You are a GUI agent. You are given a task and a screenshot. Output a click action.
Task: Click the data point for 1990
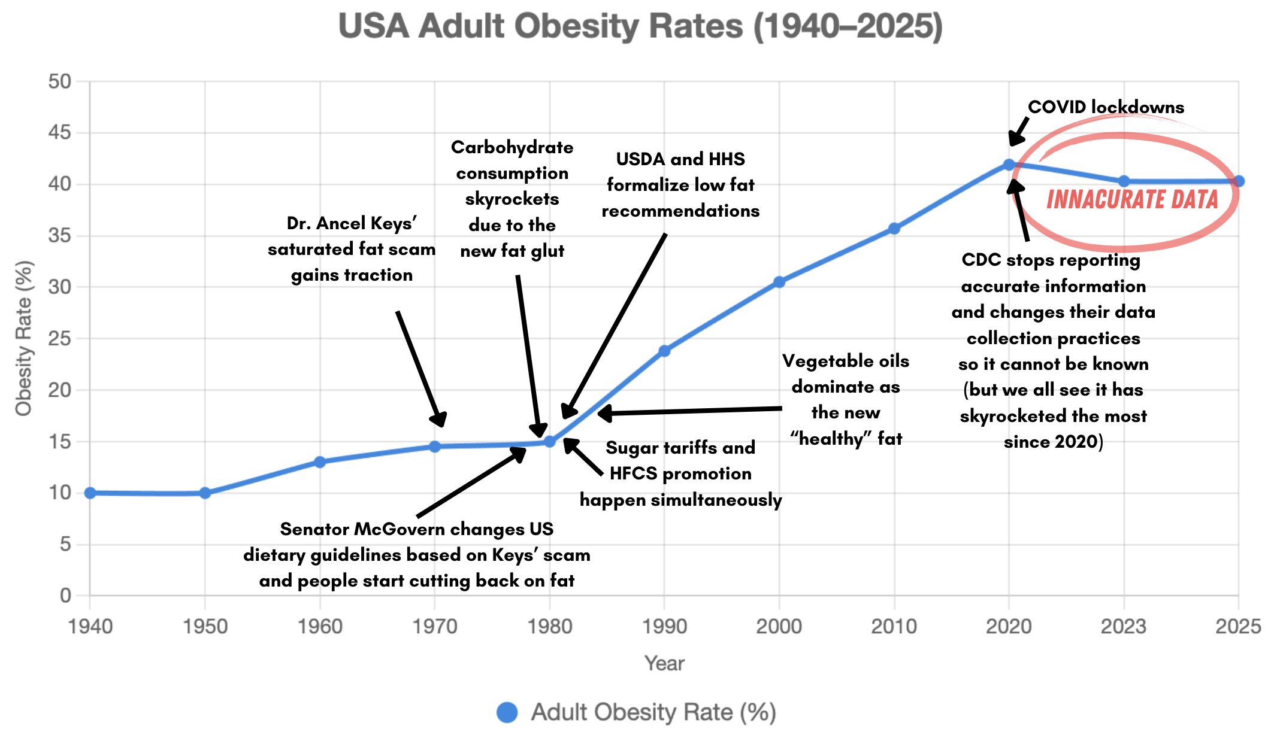click(664, 351)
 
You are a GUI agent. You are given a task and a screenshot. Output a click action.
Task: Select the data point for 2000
click(779, 282)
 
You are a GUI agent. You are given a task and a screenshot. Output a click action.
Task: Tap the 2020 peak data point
click(1009, 165)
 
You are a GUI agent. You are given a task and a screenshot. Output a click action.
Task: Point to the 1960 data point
click(320, 462)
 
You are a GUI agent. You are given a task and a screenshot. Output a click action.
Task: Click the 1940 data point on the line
click(90, 493)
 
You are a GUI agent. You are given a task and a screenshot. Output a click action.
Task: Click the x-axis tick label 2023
click(1124, 627)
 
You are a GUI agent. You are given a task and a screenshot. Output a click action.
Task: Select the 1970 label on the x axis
click(435, 627)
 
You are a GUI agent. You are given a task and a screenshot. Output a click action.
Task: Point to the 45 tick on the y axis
click(59, 132)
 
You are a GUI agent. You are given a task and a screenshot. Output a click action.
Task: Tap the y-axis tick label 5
click(65, 544)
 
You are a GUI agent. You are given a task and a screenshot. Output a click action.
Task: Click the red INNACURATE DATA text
click(1132, 199)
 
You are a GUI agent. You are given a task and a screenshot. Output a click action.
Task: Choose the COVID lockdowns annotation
click(1106, 107)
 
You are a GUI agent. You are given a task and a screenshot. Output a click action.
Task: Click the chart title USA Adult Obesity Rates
click(640, 27)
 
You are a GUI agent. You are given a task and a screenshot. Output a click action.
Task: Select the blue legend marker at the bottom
click(507, 712)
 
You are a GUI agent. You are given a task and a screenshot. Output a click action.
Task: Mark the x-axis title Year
click(664, 663)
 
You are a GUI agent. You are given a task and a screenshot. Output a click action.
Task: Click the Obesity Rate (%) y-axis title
click(24, 338)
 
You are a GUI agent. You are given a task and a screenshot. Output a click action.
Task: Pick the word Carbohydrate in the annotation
click(512, 147)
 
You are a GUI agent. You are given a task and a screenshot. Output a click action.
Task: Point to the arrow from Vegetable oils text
click(689, 411)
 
